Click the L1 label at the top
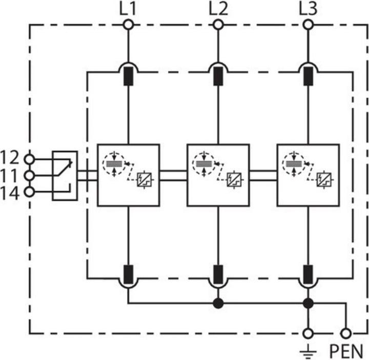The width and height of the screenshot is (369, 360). [129, 8]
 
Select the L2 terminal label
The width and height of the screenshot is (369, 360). [218, 8]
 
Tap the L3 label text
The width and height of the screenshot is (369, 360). [308, 8]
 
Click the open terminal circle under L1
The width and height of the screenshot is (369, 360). [129, 24]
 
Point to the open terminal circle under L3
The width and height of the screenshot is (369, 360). [308, 24]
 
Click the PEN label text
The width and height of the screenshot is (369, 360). [346, 351]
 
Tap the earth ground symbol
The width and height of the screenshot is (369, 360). [308, 351]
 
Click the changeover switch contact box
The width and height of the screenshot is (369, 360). [65, 175]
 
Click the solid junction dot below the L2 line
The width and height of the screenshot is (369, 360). [218, 303]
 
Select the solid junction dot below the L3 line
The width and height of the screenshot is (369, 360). [308, 303]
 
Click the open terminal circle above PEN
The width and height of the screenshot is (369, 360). [347, 333]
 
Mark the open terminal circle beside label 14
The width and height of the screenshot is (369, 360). [29, 192]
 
